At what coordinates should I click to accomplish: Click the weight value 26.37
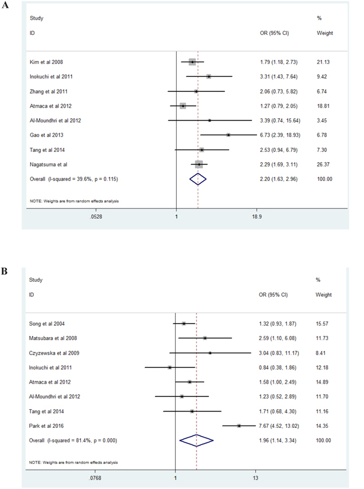324,164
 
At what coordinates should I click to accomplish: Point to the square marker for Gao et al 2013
228,134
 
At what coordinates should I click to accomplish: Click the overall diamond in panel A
198,179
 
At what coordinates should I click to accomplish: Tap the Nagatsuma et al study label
51,164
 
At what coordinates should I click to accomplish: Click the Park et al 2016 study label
48,426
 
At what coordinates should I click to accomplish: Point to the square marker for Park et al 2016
239,426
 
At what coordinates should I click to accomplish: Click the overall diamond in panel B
197,440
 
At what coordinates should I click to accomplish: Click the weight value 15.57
324,323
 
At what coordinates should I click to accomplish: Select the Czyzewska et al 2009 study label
56,353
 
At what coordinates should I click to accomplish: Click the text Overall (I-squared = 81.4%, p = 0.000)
73,441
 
